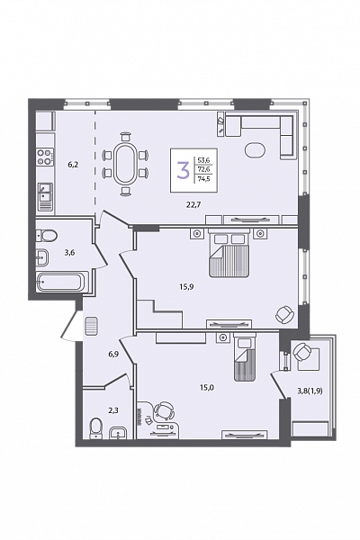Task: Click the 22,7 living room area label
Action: click(x=193, y=205)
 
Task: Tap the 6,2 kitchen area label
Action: click(x=73, y=165)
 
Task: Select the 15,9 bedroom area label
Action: click(x=186, y=286)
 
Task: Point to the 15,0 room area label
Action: click(x=207, y=387)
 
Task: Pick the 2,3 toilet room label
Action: click(x=113, y=410)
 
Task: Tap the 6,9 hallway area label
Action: click(x=113, y=354)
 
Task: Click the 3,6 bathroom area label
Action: click(x=69, y=252)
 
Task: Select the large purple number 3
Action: click(x=183, y=171)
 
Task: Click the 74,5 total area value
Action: click(x=204, y=179)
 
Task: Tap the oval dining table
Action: click(x=126, y=164)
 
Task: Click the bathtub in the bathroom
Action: click(x=62, y=282)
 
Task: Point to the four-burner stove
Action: click(x=45, y=157)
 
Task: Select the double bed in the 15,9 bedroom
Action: click(x=229, y=254)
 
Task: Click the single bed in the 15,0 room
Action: click(x=245, y=357)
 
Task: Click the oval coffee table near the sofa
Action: click(x=256, y=150)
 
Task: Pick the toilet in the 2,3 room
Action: click(x=96, y=428)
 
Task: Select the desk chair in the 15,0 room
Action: click(x=163, y=411)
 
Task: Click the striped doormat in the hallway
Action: click(x=92, y=326)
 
